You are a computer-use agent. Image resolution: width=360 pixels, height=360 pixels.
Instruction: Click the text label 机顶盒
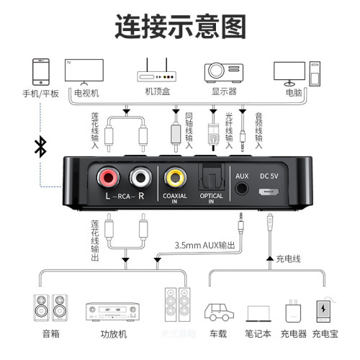156,92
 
